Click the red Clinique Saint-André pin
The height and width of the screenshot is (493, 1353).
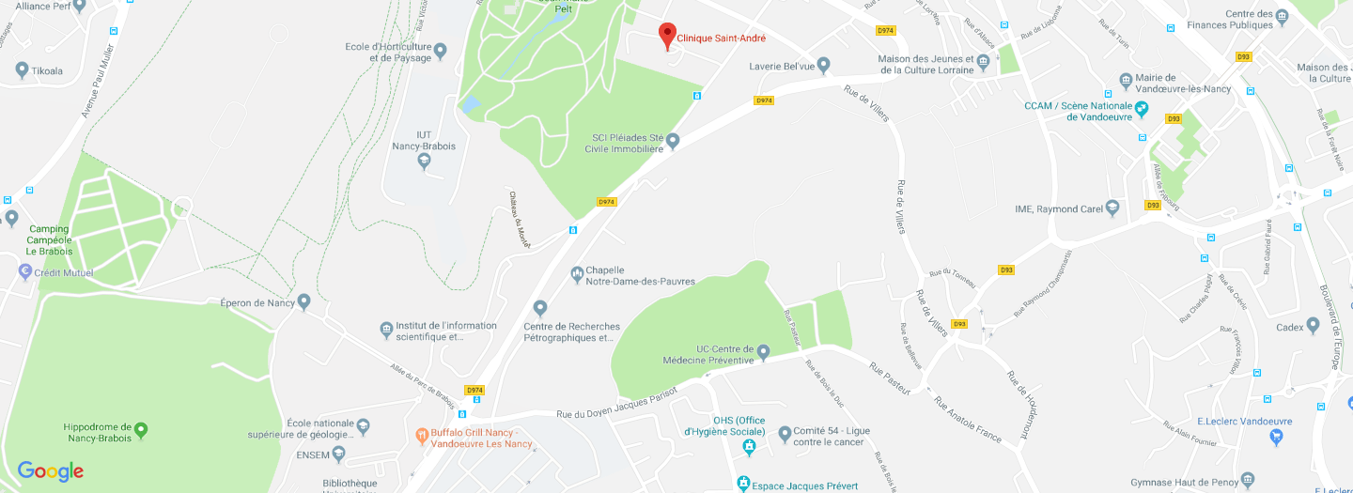[x=667, y=35]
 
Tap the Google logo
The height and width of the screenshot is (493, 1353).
[x=51, y=471]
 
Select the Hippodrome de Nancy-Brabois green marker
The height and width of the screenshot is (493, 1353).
[x=141, y=430]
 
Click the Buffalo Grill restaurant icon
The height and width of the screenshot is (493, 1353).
[x=422, y=435]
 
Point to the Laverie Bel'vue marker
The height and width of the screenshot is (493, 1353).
[x=823, y=65]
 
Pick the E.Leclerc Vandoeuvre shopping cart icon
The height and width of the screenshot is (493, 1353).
[x=1276, y=437]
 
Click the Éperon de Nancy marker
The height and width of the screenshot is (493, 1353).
[x=303, y=301]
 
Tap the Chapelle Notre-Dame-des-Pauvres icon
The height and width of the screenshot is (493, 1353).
[x=577, y=274]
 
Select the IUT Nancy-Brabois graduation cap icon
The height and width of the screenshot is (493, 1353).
[x=425, y=162]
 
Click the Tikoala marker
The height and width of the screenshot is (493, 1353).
[x=23, y=70]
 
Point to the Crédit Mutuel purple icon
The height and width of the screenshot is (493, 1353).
[x=25, y=271]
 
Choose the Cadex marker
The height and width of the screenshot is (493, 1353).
[x=1313, y=326]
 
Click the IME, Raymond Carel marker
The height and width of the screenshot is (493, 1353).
[x=1112, y=208]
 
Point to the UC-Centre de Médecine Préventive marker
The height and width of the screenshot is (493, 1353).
[x=764, y=353]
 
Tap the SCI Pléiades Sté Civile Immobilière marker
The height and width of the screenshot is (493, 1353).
[x=672, y=141]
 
